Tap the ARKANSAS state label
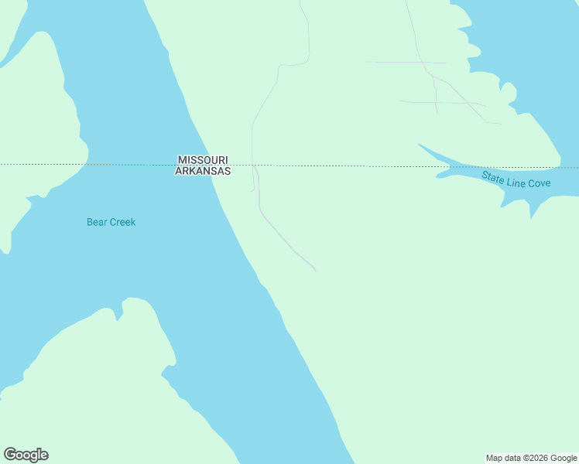click(203, 171)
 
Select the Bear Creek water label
click(111, 222)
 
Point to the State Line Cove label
click(516, 179)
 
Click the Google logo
click(26, 455)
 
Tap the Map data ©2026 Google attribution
click(531, 458)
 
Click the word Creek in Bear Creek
click(122, 222)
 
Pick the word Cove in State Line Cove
click(539, 183)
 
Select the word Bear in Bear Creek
click(96, 222)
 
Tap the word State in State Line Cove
click(493, 176)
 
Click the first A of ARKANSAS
click(179, 171)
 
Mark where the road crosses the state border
click(253, 165)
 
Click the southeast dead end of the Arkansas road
click(316, 271)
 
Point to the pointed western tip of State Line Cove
click(419, 144)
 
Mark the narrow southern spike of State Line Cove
click(532, 217)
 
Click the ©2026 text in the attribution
click(536, 458)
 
